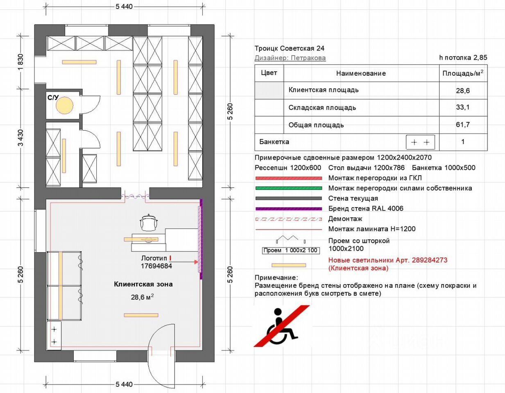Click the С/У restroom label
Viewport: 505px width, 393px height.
pyautogui.click(x=53, y=97)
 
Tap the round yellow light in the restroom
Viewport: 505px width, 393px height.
pyautogui.click(x=64, y=105)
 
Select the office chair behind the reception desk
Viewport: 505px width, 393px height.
pyautogui.click(x=149, y=222)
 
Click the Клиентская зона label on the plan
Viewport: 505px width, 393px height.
pyautogui.click(x=143, y=284)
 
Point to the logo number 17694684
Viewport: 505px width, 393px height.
pyautogui.click(x=156, y=266)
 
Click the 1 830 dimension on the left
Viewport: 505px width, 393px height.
pyautogui.click(x=20, y=62)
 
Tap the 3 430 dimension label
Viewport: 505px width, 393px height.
pyautogui.click(x=20, y=138)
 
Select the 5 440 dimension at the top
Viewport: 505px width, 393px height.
pyautogui.click(x=124, y=7)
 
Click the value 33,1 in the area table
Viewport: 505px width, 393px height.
pyautogui.click(x=463, y=107)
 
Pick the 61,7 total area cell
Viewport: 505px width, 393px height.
pyautogui.click(x=463, y=125)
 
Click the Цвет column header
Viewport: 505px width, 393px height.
pyautogui.click(x=269, y=73)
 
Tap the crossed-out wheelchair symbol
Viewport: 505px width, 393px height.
pyautogui.click(x=282, y=326)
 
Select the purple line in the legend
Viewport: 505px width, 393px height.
pyautogui.click(x=289, y=209)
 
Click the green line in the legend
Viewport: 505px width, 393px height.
pyautogui.click(x=289, y=188)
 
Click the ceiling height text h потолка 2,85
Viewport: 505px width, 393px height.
pyautogui.click(x=463, y=58)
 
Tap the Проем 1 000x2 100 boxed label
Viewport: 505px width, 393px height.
pyautogui.click(x=291, y=251)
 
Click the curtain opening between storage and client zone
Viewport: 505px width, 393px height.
pyautogui.click(x=135, y=196)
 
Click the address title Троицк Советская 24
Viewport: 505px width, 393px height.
pyautogui.click(x=289, y=48)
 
